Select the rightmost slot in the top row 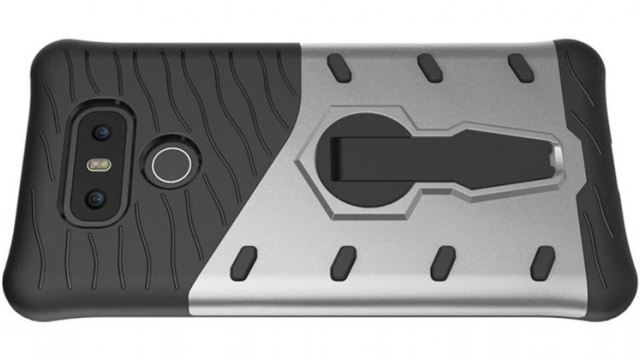pyautogui.click(x=520, y=67)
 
